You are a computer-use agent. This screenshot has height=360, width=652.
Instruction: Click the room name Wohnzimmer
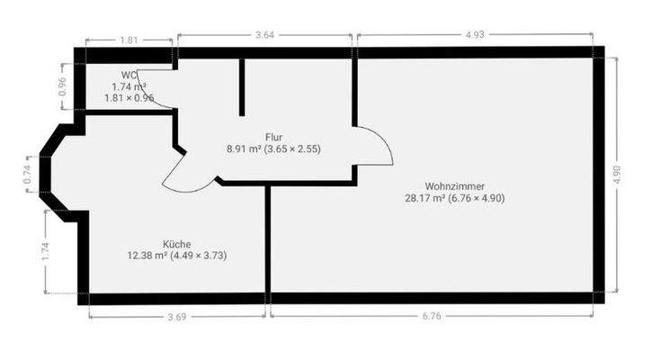455,185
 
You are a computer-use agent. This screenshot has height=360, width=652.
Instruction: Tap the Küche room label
177,244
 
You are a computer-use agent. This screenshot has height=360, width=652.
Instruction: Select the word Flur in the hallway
274,138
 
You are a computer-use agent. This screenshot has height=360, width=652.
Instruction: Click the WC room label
129,75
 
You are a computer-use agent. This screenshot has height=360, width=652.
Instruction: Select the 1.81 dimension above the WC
129,40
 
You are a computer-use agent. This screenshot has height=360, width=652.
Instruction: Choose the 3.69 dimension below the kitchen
177,316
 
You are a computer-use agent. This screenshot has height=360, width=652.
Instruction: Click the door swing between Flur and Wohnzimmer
376,146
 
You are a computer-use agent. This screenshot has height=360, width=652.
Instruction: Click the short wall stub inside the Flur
242,87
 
